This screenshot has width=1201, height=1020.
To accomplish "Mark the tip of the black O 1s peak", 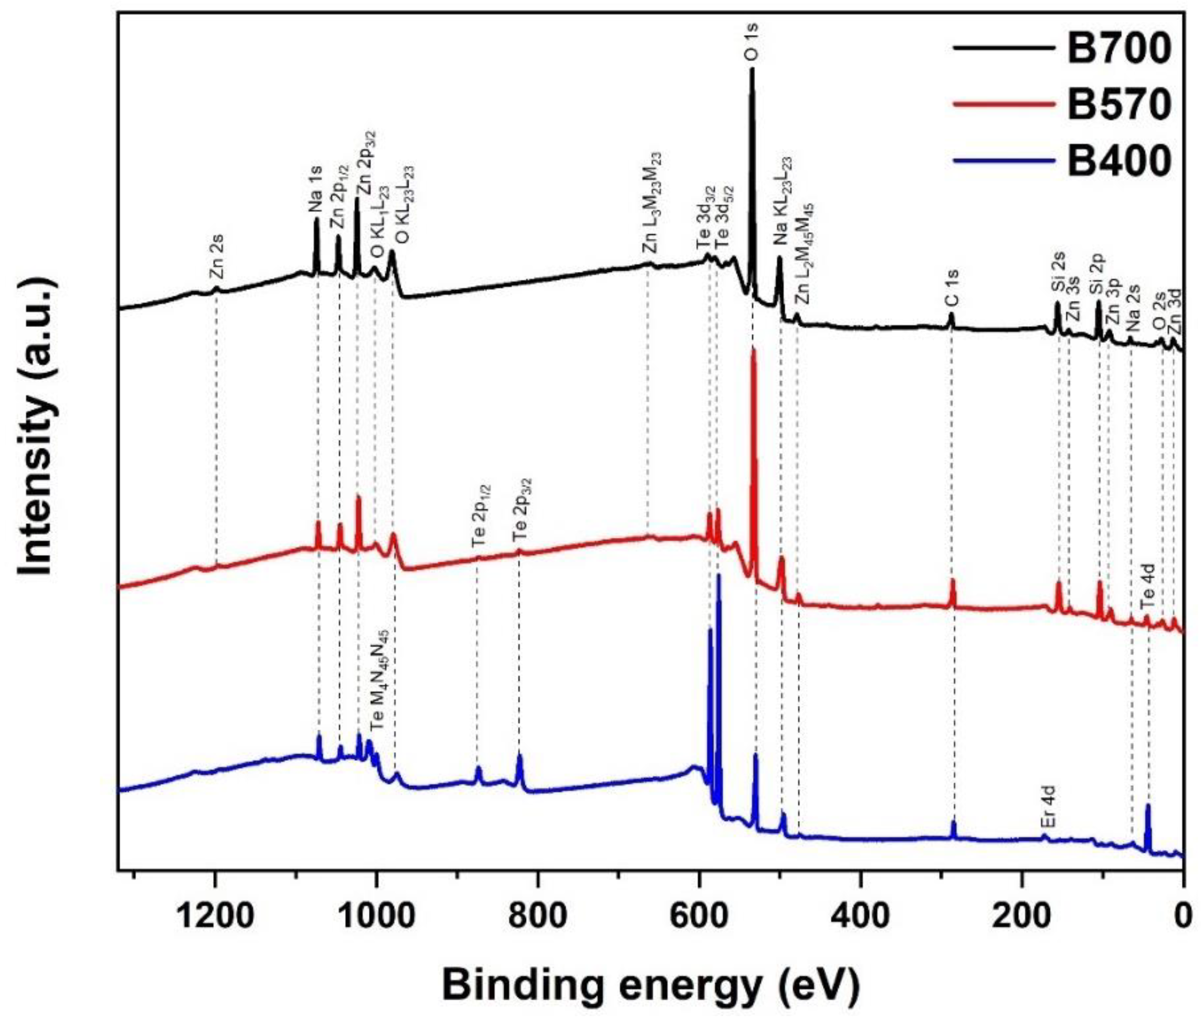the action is coord(752,69).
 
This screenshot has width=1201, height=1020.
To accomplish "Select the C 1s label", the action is coord(951,287).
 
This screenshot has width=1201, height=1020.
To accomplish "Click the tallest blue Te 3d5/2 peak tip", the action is coord(718,575).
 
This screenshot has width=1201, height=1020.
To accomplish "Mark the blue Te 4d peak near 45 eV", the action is coord(1148,805).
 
